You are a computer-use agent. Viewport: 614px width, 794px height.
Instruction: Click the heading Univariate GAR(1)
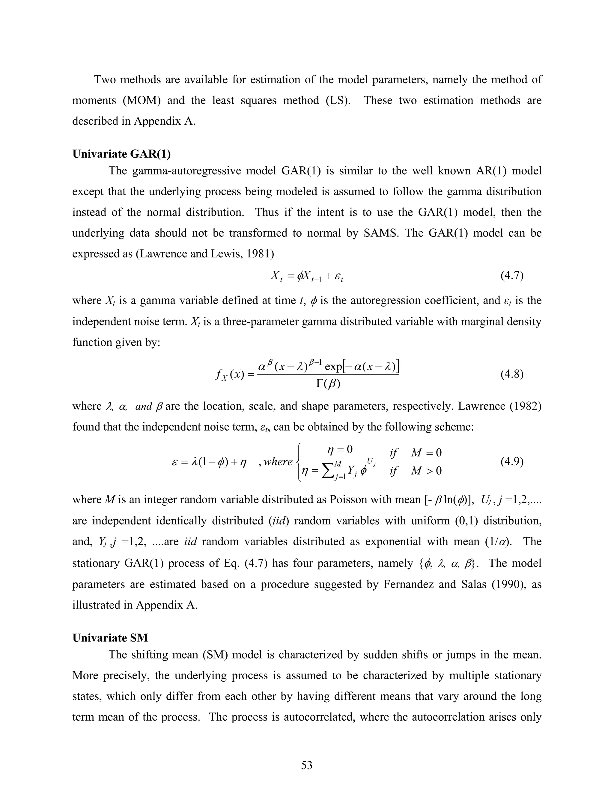click(x=121, y=154)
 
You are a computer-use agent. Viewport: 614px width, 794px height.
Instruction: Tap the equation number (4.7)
click(x=512, y=276)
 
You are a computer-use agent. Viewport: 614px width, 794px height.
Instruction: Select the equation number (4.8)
click(x=512, y=374)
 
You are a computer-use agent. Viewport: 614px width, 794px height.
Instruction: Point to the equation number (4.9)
click(x=512, y=461)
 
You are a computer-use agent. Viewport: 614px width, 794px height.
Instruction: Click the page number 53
click(x=307, y=765)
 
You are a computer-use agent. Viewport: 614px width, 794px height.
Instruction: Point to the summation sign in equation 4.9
click(x=329, y=472)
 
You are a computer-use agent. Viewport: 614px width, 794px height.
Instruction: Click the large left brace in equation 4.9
click(x=300, y=462)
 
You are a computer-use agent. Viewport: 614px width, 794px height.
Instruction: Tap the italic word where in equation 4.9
click(x=278, y=462)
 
